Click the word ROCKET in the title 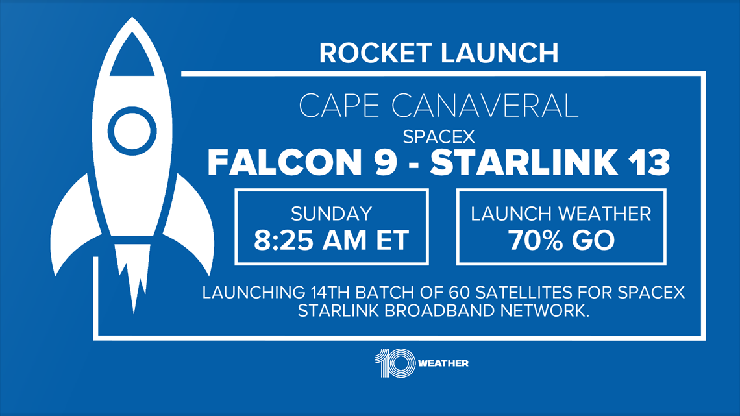click(375, 53)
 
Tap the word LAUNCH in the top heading click(500, 53)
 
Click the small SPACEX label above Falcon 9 click(438, 137)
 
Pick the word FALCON click(284, 162)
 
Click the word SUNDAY click(331, 214)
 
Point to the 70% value click(536, 240)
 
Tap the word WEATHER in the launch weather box click(606, 214)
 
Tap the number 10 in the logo click(395, 363)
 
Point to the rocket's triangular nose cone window click(132, 56)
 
